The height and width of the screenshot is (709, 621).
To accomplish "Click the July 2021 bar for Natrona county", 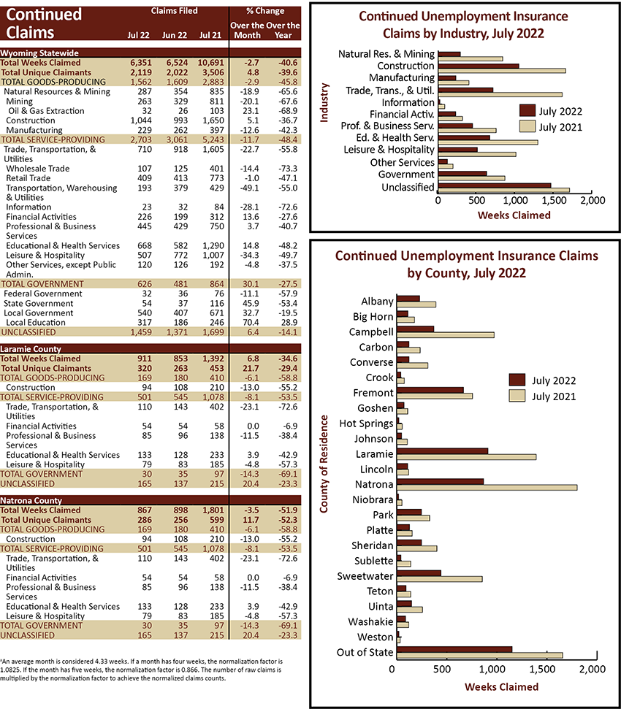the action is pyautogui.click(x=487, y=487).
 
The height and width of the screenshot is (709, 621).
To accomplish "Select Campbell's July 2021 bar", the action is pyautogui.click(x=445, y=334).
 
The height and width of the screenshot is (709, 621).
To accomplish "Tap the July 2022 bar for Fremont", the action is pyautogui.click(x=430, y=390).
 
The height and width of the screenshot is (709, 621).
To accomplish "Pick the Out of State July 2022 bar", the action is pyautogui.click(x=454, y=649).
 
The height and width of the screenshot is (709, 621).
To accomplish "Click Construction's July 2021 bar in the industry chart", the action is pyautogui.click(x=502, y=71).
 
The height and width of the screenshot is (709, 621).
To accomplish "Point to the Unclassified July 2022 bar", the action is pyautogui.click(x=495, y=185).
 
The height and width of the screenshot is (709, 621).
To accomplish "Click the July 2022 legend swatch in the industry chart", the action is pyautogui.click(x=527, y=111).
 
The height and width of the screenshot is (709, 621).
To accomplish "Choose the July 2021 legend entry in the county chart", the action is pyautogui.click(x=543, y=396).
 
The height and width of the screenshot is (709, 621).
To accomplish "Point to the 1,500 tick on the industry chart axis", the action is pyautogui.click(x=554, y=200).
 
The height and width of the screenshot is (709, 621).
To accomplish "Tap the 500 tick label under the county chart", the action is pyautogui.click(x=442, y=669).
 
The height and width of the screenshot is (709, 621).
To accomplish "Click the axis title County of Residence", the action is pyautogui.click(x=324, y=464).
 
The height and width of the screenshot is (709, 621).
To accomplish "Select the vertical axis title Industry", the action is pyautogui.click(x=324, y=103).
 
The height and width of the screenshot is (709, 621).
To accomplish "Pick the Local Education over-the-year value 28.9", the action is pyautogui.click(x=289, y=323).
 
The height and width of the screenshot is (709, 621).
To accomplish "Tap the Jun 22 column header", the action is pyautogui.click(x=175, y=35).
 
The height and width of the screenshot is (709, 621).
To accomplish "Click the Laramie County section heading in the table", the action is pyautogui.click(x=31, y=349).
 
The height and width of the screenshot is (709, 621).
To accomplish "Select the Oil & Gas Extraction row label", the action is pyautogui.click(x=46, y=111).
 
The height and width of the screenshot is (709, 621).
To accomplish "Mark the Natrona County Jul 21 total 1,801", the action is pyautogui.click(x=213, y=510).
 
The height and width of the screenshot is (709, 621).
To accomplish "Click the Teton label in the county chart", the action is pyautogui.click(x=380, y=591).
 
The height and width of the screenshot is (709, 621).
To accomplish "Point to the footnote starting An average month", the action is pyautogui.click(x=141, y=670).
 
